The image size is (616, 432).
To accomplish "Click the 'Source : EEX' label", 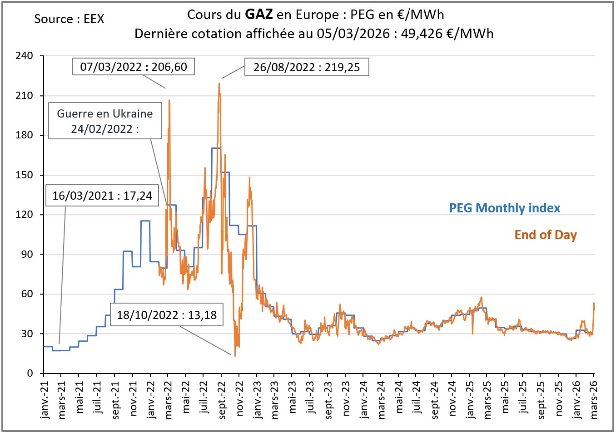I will tap(69, 19).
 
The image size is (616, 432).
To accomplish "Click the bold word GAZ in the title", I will tap(258, 15).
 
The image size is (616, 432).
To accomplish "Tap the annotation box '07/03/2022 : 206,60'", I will tap(134, 67).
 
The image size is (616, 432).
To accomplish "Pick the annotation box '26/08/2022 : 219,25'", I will tap(307, 67).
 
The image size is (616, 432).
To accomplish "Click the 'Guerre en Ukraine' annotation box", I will tap(105, 121).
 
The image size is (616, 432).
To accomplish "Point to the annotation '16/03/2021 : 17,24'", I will tap(102, 196).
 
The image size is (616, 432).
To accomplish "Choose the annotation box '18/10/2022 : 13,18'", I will tap(167, 314).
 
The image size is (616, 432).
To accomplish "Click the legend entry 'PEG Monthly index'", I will tap(504, 208).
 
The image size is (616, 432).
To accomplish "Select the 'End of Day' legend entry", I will tap(545, 235).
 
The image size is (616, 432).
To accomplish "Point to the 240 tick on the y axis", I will tap(24, 56).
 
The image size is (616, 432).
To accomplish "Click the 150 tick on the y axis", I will tap(24, 175).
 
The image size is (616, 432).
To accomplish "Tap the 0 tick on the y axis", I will tap(30, 373).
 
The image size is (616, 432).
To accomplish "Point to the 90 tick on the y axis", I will tap(27, 255).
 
